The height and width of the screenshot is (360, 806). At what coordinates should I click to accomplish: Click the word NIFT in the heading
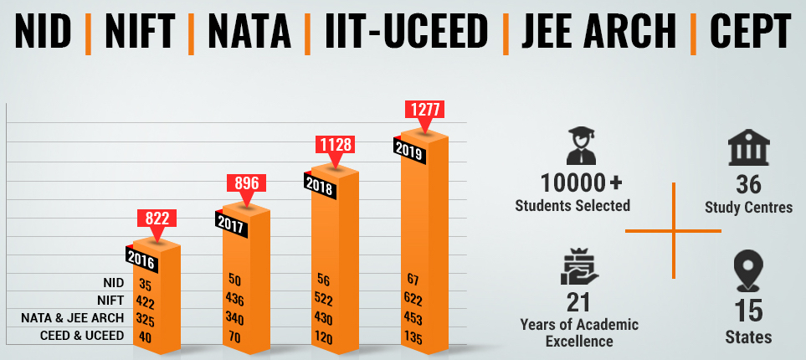[141, 32]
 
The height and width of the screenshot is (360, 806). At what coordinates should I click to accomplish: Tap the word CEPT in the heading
[750, 32]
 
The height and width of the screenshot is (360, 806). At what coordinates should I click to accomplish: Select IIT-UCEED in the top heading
[404, 32]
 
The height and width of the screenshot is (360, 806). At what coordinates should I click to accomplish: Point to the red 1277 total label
[424, 109]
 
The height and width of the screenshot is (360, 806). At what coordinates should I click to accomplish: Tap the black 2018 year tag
[321, 188]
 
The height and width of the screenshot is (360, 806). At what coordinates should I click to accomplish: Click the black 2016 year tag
[141, 256]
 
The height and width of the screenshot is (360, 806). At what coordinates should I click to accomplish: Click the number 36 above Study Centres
[748, 184]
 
